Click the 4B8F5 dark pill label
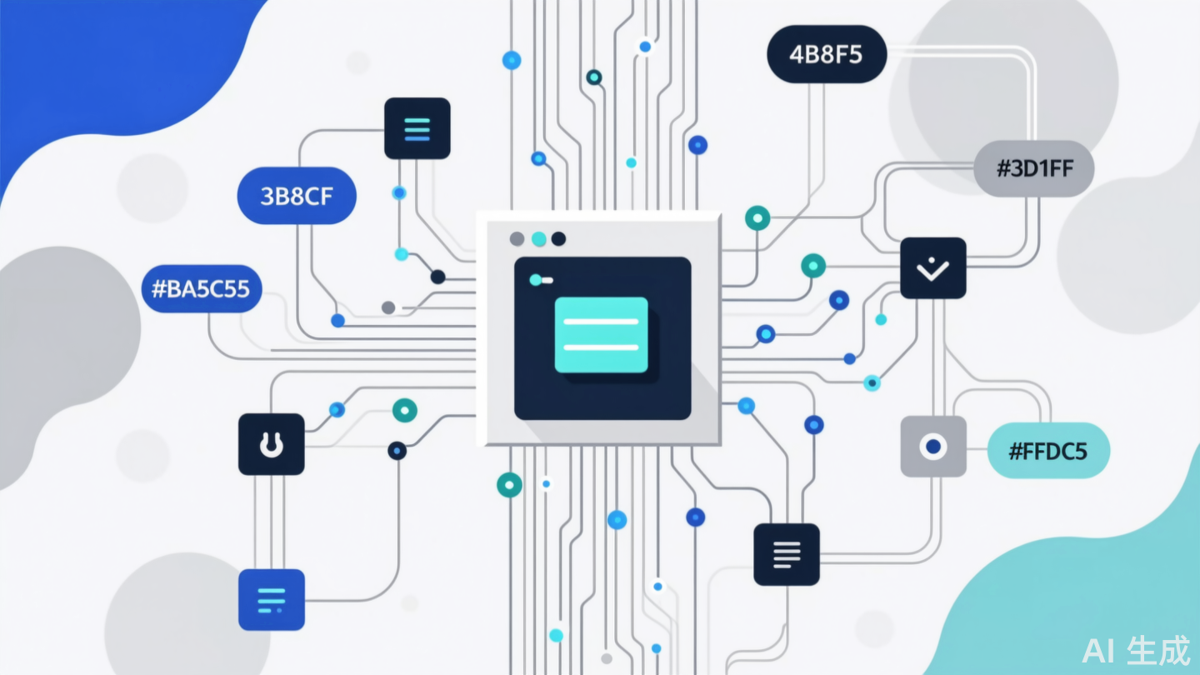[x=826, y=55]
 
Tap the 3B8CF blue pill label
[x=297, y=197]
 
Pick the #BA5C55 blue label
[x=202, y=289]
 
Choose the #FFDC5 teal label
[x=1047, y=451]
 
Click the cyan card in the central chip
[x=601, y=334]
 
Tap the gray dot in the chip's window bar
[x=517, y=239]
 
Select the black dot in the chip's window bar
[x=558, y=239]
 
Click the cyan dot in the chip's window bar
[x=538, y=239]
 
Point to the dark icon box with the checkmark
[x=933, y=268]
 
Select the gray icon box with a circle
[x=933, y=447]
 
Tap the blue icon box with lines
[x=272, y=599]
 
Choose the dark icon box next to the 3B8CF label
[x=417, y=128]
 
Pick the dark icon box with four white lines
[x=786, y=554]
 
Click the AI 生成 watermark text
[x=1136, y=651]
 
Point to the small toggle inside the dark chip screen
[x=541, y=280]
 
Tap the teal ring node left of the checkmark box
[x=813, y=266]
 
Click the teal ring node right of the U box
[x=404, y=409]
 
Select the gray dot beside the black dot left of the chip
[x=387, y=307]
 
